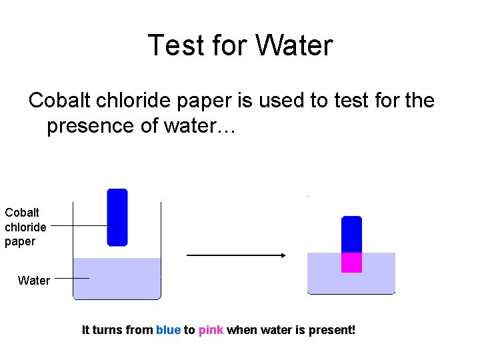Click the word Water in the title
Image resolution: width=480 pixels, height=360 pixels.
coord(294,46)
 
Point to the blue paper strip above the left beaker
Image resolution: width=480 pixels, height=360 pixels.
coord(117,217)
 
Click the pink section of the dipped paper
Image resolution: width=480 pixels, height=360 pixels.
coord(351,262)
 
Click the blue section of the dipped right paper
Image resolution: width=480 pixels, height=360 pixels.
coord(351,235)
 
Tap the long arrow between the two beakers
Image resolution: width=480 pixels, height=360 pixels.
coord(235,255)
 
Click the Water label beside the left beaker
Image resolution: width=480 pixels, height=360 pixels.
coord(34,281)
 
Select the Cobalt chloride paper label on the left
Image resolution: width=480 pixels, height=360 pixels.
coord(25,227)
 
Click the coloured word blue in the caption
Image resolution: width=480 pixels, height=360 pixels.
coord(168,330)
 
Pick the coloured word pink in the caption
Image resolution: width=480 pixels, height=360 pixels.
coord(211,330)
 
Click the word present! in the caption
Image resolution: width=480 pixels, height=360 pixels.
coord(332,330)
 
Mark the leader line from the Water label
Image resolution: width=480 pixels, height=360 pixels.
coord(71,278)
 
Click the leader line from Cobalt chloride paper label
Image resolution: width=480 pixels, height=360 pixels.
coord(80,226)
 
